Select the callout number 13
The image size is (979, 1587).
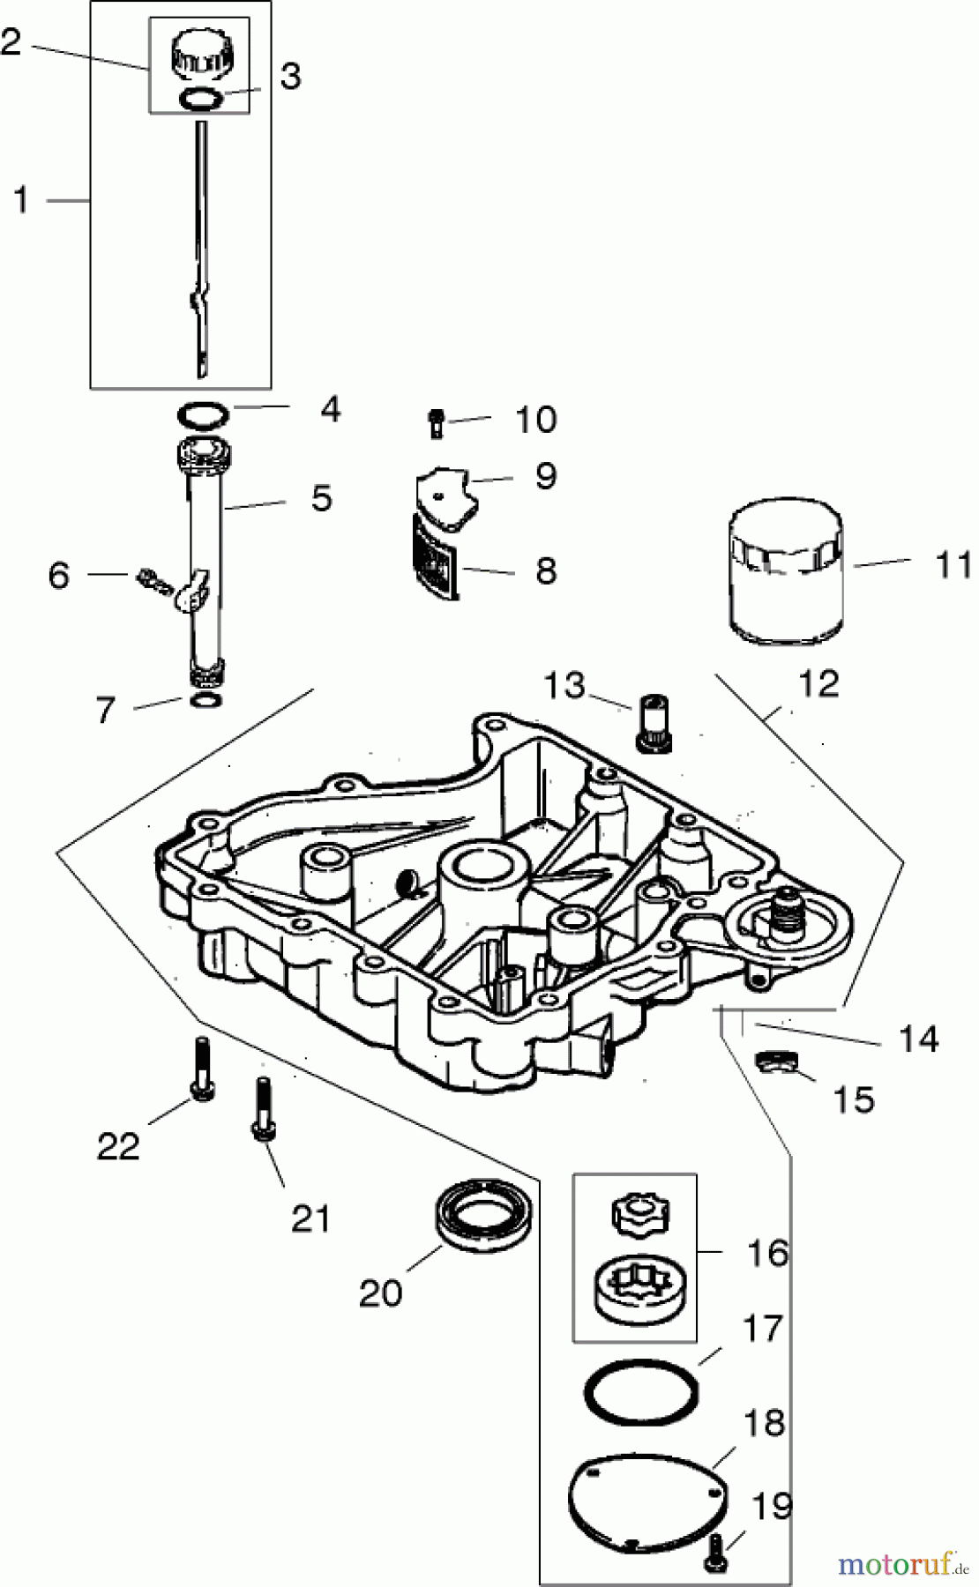coord(564,684)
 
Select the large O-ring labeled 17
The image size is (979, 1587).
coord(641,1391)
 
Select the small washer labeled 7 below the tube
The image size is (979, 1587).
coord(206,699)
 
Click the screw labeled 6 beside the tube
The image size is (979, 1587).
coord(153,582)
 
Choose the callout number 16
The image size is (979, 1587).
coord(766,1252)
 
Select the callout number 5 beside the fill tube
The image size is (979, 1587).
coord(321,498)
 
